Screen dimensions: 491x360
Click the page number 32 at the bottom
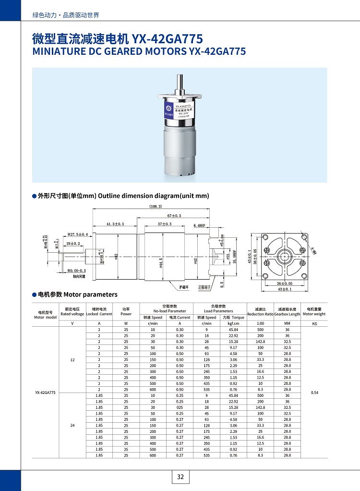tap(180, 477)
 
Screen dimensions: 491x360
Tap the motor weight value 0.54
tap(314, 393)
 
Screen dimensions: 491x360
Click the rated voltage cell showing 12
tap(72, 359)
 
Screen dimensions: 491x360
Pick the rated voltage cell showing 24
tap(72, 425)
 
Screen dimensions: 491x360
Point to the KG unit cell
tap(314, 324)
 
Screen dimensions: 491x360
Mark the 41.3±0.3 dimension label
tap(115, 224)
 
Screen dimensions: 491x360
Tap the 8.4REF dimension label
tap(200, 225)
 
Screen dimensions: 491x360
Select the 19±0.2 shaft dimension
tap(73, 244)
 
